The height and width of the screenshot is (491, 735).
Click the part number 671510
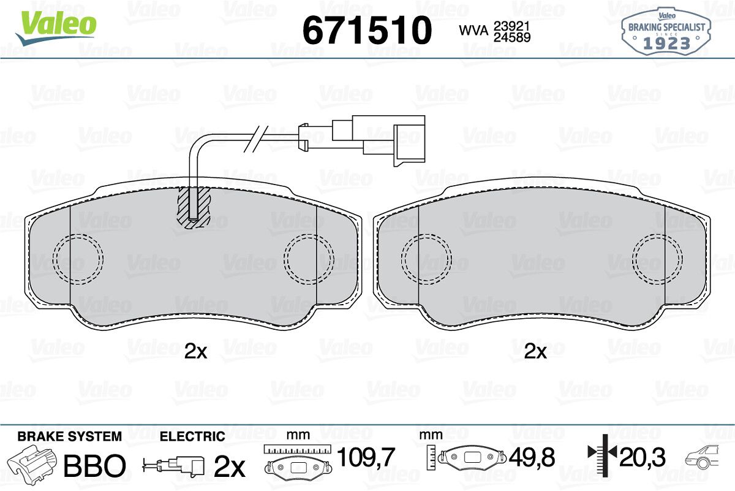(x=367, y=30)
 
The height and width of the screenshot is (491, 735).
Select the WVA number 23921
(x=512, y=26)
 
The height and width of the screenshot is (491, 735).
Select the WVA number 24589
(x=512, y=37)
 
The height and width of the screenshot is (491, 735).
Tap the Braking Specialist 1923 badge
(x=666, y=31)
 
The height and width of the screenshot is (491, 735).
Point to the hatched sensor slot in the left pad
(x=194, y=208)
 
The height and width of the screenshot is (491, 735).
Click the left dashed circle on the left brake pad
(x=78, y=259)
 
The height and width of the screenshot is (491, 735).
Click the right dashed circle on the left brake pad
(x=309, y=259)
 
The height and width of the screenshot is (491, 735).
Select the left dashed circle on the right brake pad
(x=426, y=259)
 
